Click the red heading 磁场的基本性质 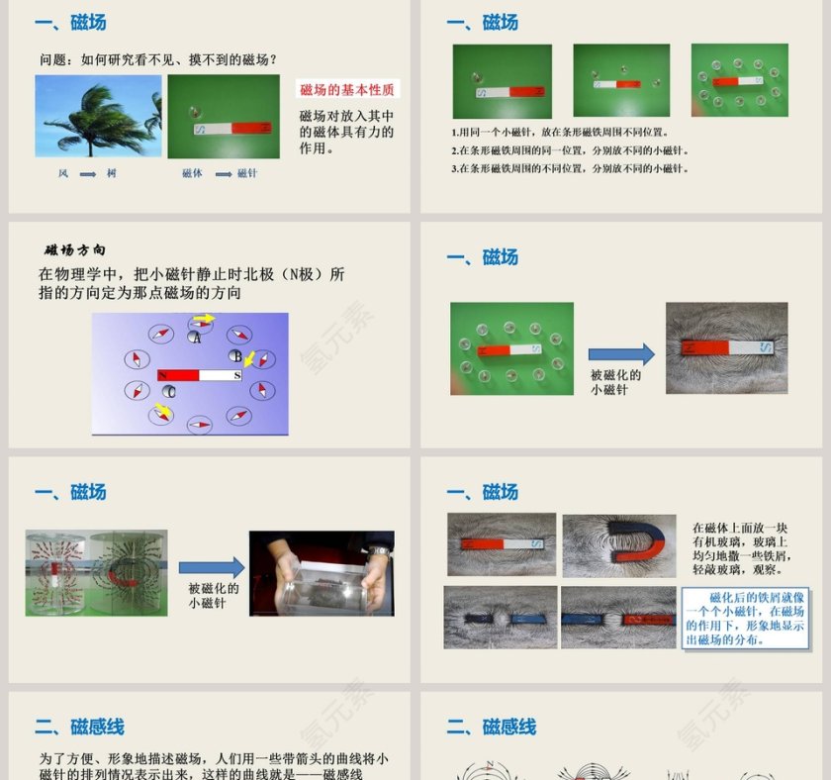pos(347,90)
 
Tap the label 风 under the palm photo pos(63,173)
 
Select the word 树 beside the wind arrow pos(112,173)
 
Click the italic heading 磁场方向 pos(75,249)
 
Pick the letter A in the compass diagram pos(196,338)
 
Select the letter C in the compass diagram pos(170,392)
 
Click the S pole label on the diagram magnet pos(236,375)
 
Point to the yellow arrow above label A pos(203,319)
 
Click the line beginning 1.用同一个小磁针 pos(560,133)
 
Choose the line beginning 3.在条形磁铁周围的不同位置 pos(570,168)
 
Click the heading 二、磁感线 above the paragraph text pos(79,728)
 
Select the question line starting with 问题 pos(158,59)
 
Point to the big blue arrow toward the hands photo pos(211,567)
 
